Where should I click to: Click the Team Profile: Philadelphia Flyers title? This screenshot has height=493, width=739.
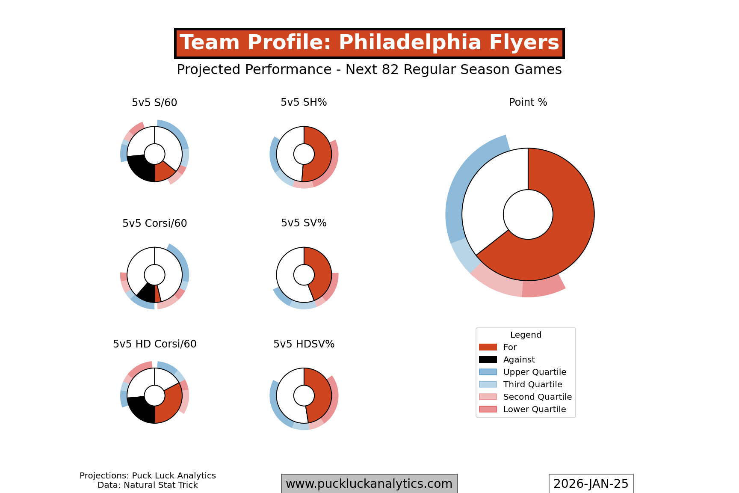(x=369, y=43)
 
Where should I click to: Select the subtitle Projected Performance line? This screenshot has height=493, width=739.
(x=369, y=69)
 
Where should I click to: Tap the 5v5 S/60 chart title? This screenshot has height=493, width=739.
(x=154, y=103)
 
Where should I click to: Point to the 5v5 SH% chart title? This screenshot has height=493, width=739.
(x=304, y=102)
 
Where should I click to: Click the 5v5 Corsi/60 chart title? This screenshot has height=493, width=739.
(x=154, y=223)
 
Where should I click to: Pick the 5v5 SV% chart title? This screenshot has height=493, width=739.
(x=304, y=223)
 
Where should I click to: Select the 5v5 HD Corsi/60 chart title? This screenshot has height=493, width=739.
(x=154, y=344)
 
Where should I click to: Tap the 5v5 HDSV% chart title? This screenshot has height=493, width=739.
(x=304, y=344)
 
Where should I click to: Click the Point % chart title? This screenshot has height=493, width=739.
(x=528, y=102)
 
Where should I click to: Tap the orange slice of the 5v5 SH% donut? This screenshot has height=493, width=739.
(x=319, y=156)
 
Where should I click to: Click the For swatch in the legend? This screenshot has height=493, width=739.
(x=488, y=347)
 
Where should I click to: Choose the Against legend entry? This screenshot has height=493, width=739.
(x=519, y=359)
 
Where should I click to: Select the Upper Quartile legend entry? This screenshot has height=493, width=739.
(x=534, y=372)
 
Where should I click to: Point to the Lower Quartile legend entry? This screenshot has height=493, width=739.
(x=534, y=409)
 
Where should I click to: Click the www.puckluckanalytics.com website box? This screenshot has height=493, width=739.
(x=369, y=484)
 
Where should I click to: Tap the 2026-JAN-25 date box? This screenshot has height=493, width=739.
(x=591, y=484)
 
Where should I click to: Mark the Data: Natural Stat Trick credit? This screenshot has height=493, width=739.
(x=148, y=485)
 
